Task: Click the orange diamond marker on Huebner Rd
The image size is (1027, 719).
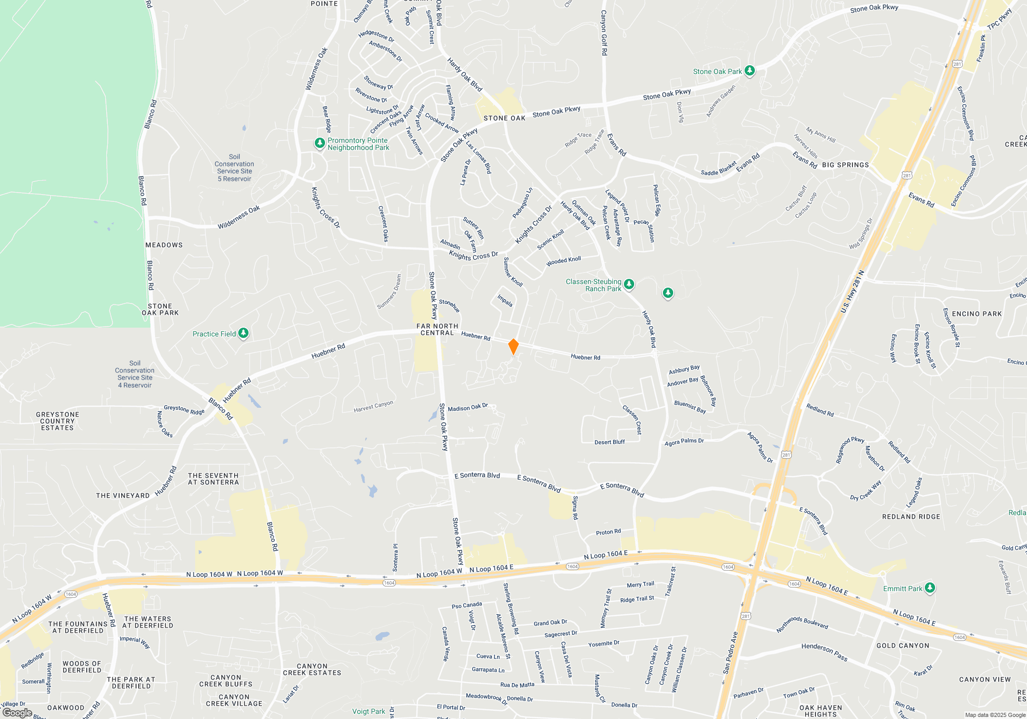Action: [x=513, y=346]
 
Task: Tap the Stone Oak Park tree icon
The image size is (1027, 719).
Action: [x=750, y=70]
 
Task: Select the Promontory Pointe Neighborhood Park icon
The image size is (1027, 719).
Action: [x=320, y=143]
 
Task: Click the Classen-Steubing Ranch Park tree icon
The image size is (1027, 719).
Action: [x=629, y=284]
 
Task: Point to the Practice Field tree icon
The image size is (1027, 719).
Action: [x=243, y=333]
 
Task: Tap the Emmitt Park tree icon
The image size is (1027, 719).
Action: [x=929, y=588]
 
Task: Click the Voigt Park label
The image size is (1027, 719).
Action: [x=368, y=711]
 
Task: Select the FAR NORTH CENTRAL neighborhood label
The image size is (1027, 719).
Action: [x=437, y=329]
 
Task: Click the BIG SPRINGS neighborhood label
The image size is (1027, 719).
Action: [x=845, y=165]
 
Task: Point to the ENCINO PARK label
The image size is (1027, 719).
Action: [x=977, y=314]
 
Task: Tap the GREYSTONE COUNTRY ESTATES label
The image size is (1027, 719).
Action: [x=58, y=421]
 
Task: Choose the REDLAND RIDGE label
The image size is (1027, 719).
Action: [x=911, y=517]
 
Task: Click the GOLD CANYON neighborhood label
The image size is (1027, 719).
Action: [x=903, y=646]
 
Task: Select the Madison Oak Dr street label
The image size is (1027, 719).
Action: [x=467, y=407]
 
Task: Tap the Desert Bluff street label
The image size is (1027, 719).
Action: [x=610, y=442]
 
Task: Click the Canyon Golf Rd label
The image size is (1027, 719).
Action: [x=604, y=33]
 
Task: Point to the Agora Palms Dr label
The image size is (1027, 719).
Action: [x=684, y=442]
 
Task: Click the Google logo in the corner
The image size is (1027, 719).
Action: [x=17, y=713]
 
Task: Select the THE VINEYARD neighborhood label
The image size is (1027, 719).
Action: [x=123, y=496]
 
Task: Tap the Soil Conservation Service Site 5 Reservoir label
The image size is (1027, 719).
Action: [x=234, y=168]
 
